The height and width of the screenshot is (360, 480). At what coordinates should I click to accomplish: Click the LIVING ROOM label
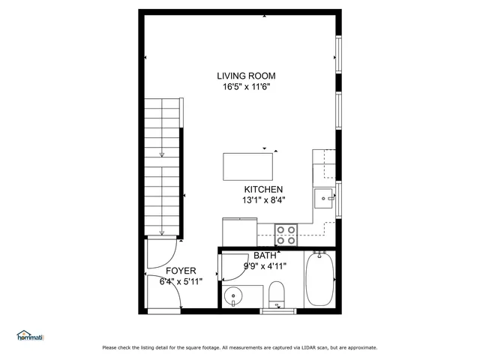[x=246, y=76]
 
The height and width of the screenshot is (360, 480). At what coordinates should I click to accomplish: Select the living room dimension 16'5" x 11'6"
[x=246, y=87]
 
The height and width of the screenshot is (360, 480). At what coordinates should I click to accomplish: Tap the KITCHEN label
[x=263, y=189]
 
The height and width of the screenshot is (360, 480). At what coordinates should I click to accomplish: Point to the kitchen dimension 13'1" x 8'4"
[x=263, y=200]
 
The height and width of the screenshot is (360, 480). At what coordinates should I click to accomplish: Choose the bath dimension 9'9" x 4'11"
[x=265, y=266]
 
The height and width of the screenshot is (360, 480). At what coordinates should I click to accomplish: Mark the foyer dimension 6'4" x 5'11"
[x=181, y=282]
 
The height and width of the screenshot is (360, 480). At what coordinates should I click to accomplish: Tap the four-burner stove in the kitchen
[x=286, y=235]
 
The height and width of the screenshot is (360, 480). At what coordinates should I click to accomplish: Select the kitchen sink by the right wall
[x=325, y=198]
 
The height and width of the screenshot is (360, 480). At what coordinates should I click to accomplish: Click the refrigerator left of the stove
[x=239, y=231]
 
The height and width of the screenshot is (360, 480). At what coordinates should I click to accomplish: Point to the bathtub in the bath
[x=319, y=280]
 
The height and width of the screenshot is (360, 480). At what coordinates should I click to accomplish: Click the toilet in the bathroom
[x=277, y=293]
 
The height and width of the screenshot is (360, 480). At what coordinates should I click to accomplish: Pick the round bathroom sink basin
[x=235, y=295]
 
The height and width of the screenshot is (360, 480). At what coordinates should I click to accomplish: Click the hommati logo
[x=30, y=336]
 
